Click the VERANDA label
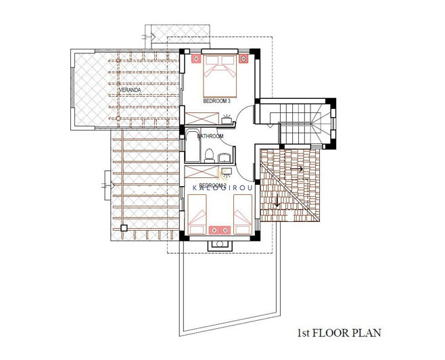click(x=130, y=89)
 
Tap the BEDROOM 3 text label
click(x=217, y=101)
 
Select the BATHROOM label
click(x=210, y=137)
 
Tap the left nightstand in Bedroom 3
click(x=196, y=59)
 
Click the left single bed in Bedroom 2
click(x=200, y=211)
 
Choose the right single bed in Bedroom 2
click(x=241, y=211)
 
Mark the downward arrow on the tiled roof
click(x=277, y=200)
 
